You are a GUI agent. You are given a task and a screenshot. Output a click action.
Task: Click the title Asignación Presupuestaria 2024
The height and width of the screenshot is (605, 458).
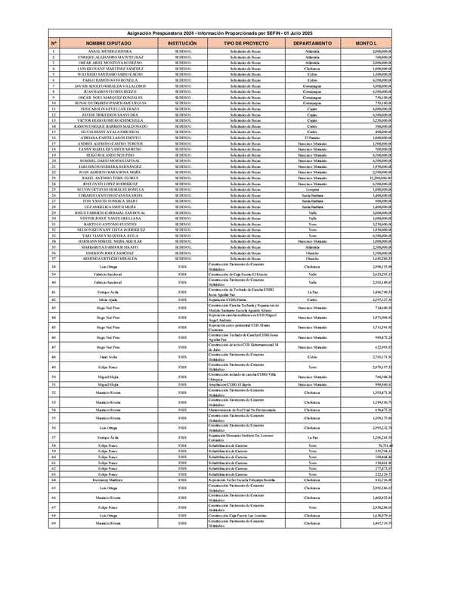click(x=229, y=34)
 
